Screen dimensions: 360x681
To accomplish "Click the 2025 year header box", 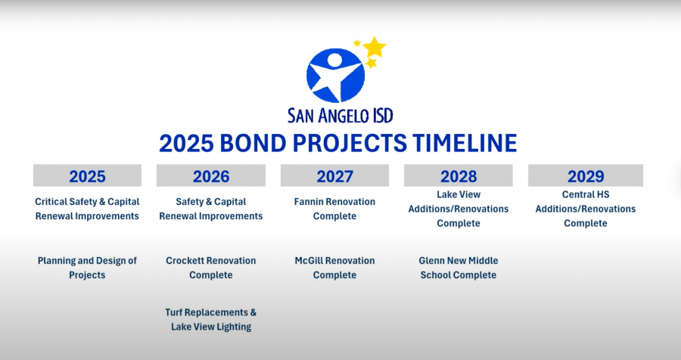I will tap(87, 176).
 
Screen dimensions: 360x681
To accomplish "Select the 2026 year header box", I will tap(211, 176).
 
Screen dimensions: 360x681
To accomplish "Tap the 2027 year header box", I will tap(334, 176).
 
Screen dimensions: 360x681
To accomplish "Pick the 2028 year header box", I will tap(459, 176).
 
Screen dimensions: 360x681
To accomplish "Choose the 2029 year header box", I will tap(585, 176).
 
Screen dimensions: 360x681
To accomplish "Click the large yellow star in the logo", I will tap(375, 48).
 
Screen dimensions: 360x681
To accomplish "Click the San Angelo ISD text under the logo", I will tap(340, 115).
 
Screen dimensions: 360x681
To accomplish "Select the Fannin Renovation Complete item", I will tap(334, 209).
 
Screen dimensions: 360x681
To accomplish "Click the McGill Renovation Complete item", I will tap(334, 268).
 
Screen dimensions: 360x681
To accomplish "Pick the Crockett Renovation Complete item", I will tap(211, 268).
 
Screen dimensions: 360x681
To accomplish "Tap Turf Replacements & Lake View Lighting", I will tap(211, 319).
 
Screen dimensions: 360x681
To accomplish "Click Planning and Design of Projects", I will tap(87, 268).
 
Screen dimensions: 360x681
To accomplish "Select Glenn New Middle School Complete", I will tap(459, 268).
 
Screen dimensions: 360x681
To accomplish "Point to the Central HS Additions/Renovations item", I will tap(585, 209).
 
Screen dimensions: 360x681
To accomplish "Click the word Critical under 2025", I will tap(53, 202).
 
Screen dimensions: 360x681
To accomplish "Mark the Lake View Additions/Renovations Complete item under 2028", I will tap(459, 209).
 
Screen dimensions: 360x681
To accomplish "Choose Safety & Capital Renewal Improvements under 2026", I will tap(211, 209).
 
